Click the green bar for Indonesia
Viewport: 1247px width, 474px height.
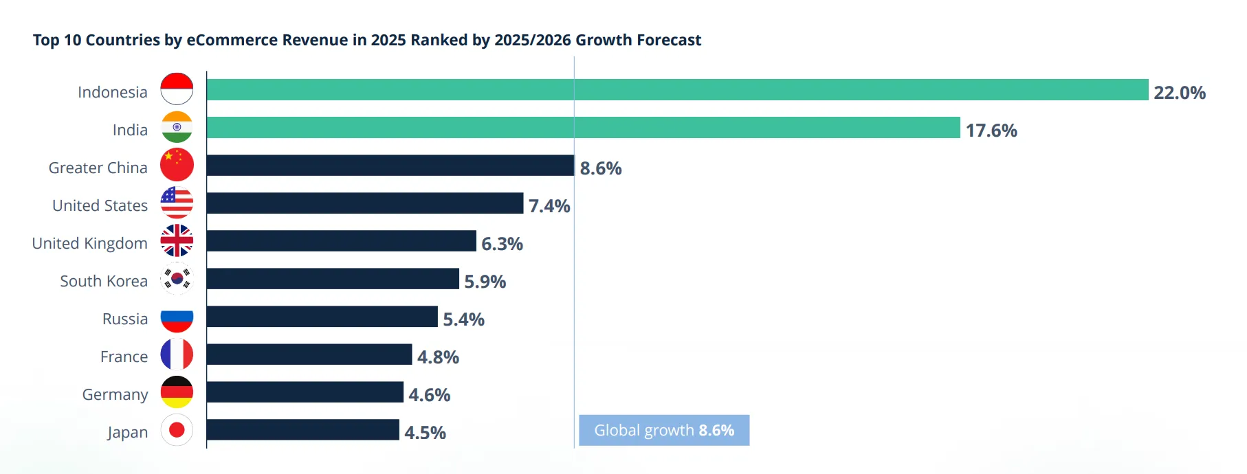pyautogui.click(x=677, y=90)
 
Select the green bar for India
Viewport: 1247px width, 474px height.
pyautogui.click(x=583, y=128)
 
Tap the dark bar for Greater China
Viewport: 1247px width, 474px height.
pyautogui.click(x=390, y=166)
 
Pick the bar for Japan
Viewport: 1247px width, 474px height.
pyautogui.click(x=302, y=430)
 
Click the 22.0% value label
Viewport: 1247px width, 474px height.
pyautogui.click(x=1180, y=93)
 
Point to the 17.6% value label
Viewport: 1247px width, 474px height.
pyautogui.click(x=991, y=131)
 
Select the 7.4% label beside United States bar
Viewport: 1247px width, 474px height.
pyautogui.click(x=549, y=206)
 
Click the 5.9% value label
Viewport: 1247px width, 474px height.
pyautogui.click(x=485, y=282)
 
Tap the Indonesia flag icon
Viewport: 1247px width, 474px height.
pyautogui.click(x=177, y=89)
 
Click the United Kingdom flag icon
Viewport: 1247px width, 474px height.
pyautogui.click(x=177, y=240)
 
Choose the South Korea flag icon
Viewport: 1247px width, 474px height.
pyautogui.click(x=177, y=278)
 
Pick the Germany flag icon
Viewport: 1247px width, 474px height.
pyautogui.click(x=177, y=392)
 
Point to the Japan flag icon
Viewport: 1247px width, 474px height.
pyautogui.click(x=177, y=430)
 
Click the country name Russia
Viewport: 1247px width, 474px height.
pyautogui.click(x=125, y=319)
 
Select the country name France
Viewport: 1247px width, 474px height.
pyautogui.click(x=124, y=357)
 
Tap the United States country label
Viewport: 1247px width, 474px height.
pyautogui.click(x=100, y=205)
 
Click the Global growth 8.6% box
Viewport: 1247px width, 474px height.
pyautogui.click(x=664, y=430)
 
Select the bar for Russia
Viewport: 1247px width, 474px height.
pyautogui.click(x=322, y=317)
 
